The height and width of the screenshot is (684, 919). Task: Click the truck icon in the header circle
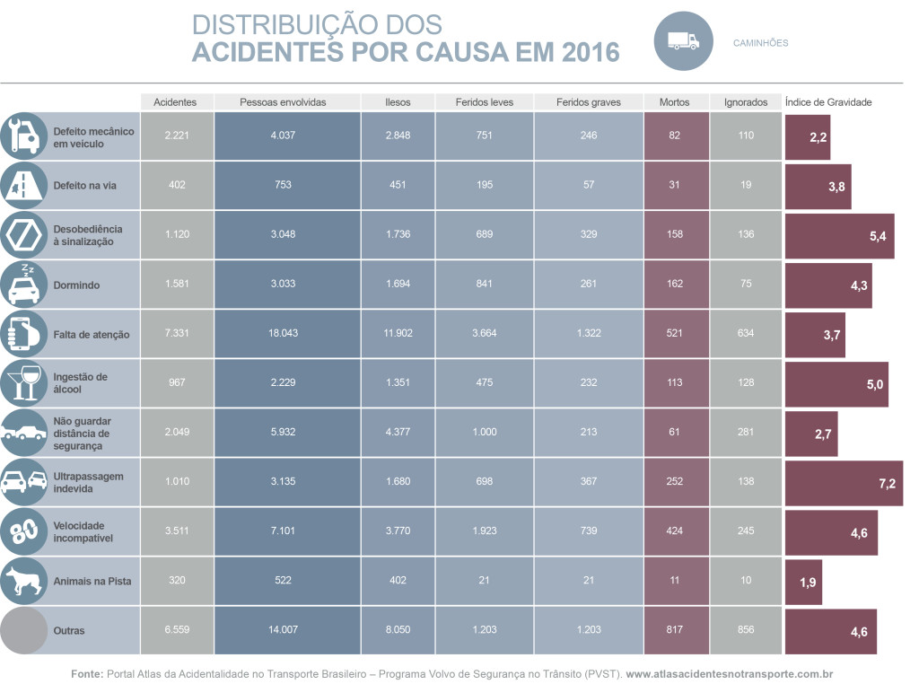pos(683,41)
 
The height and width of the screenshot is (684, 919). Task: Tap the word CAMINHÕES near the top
pos(760,42)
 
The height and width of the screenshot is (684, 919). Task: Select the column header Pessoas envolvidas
pos(283,102)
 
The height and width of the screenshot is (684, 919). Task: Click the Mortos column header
pos(674,102)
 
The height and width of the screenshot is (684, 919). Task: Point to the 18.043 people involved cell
pos(283,334)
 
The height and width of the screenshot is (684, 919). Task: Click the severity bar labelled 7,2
pos(844,483)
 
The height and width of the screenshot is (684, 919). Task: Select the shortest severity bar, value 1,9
pos(803,582)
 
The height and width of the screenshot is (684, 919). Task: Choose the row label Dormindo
pos(76,285)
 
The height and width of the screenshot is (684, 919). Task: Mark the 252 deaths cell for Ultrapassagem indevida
pos(674,482)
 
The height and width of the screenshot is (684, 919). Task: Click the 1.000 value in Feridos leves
pos(484,433)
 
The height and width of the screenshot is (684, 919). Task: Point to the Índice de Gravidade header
pos(827,102)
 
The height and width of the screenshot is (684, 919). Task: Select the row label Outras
pos(69,631)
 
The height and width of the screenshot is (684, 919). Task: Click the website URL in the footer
pos(731,673)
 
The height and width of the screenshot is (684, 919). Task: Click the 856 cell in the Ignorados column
pos(746,630)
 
